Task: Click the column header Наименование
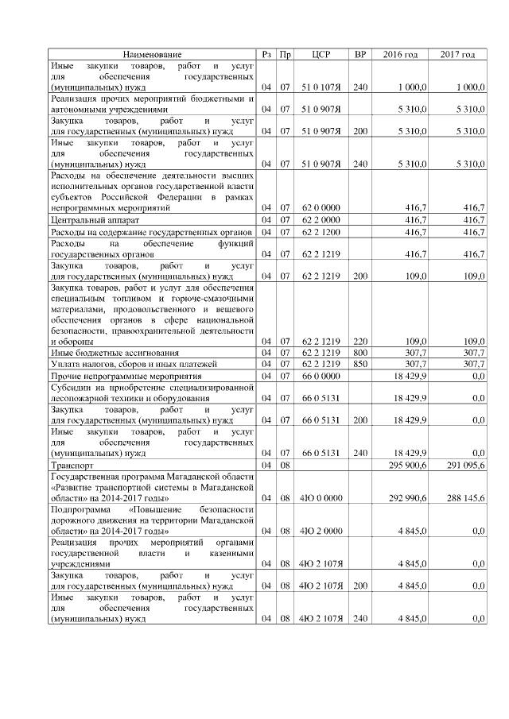pyautogui.click(x=152, y=54)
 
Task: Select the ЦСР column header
pyautogui.click(x=321, y=54)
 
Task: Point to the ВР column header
pyautogui.click(x=359, y=54)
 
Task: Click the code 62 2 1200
pyautogui.click(x=321, y=231)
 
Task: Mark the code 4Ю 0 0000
pyautogui.click(x=321, y=497)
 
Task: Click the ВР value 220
pyautogui.click(x=359, y=340)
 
